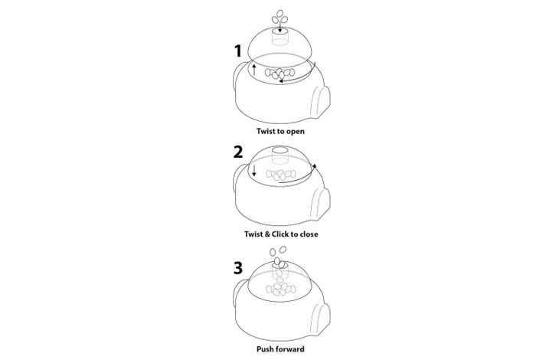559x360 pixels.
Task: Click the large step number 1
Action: [x=238, y=51]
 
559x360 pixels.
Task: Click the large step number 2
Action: [x=238, y=152]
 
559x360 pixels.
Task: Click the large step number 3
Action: [x=238, y=268]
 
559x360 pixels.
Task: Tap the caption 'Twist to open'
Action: [x=280, y=131]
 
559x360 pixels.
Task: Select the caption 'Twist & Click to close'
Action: [x=281, y=234]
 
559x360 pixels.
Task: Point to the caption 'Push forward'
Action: [x=280, y=349]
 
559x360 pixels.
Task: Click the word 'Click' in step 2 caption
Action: [x=279, y=234]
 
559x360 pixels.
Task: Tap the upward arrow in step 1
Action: [x=254, y=70]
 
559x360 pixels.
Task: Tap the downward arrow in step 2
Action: [x=254, y=171]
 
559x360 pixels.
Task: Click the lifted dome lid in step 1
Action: [x=280, y=44]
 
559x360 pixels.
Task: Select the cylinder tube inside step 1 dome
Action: [x=280, y=37]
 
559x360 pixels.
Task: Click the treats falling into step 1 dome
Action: [x=279, y=18]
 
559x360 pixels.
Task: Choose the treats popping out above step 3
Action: [x=278, y=257]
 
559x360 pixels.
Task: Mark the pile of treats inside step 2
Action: [x=280, y=175]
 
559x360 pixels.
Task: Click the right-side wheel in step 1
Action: [x=321, y=102]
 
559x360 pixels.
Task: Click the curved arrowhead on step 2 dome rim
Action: [x=314, y=165]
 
